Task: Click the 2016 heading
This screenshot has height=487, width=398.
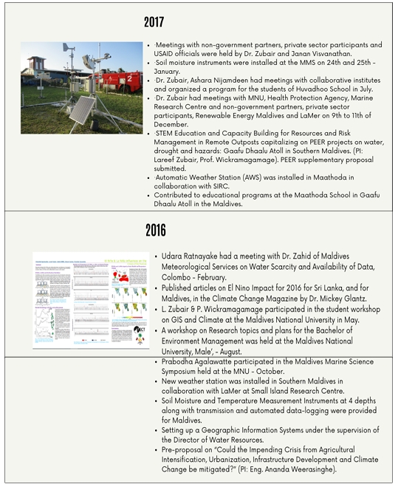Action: tap(155, 230)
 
